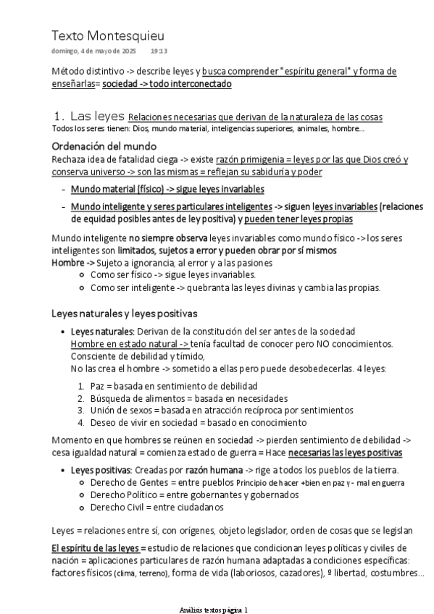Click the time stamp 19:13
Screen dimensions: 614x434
click(x=159, y=51)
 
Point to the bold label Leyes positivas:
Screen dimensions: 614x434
click(x=101, y=470)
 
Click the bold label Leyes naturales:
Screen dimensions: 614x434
click(x=102, y=331)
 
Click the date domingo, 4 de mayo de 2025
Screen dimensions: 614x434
click(x=93, y=51)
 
